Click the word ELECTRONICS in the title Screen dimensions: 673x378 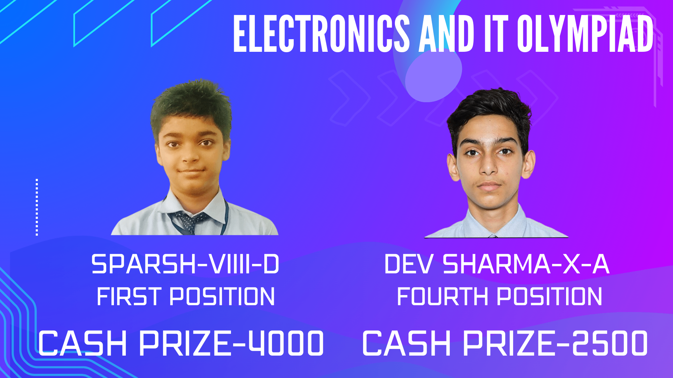[321, 34]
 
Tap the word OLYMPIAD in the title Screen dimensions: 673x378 [585, 34]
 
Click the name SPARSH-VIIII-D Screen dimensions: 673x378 [185, 264]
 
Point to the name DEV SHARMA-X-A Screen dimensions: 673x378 [497, 264]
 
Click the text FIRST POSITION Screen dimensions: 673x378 [186, 297]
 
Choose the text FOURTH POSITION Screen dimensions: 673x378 [499, 297]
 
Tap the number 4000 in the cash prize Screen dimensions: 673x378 [286, 343]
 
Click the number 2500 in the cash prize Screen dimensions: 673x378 [610, 343]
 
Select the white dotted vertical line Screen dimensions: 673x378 [37, 207]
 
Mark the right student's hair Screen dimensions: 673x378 [489, 112]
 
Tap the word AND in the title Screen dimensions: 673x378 [447, 34]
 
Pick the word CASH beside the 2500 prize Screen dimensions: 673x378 [407, 343]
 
